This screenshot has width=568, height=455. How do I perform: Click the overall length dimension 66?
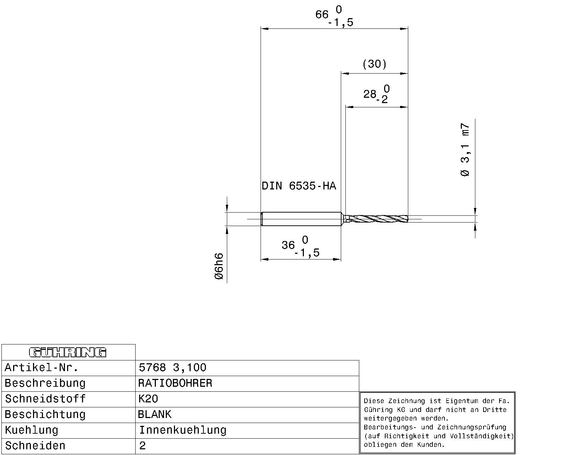[322, 15]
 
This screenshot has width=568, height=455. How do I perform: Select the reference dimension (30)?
[374, 64]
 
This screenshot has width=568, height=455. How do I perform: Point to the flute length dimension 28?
[370, 94]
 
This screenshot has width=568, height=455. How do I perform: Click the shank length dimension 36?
[288, 245]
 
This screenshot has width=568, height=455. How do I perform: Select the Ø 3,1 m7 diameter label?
[465, 150]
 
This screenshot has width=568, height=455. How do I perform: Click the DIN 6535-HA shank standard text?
[299, 186]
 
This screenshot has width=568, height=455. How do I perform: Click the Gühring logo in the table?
[67, 352]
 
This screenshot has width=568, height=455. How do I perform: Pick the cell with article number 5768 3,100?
[173, 368]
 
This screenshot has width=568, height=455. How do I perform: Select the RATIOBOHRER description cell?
[175, 383]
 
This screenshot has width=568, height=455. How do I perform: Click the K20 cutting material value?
[148, 399]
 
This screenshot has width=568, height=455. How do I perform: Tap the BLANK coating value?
[154, 414]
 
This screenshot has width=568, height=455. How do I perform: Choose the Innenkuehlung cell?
[182, 430]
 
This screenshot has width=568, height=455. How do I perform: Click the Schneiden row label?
[35, 446]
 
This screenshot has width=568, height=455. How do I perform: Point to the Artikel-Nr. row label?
[41, 368]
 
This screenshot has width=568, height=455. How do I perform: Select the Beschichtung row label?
[45, 414]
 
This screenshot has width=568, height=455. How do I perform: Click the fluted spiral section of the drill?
[378, 219]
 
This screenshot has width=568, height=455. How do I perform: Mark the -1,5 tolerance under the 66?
[340, 23]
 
